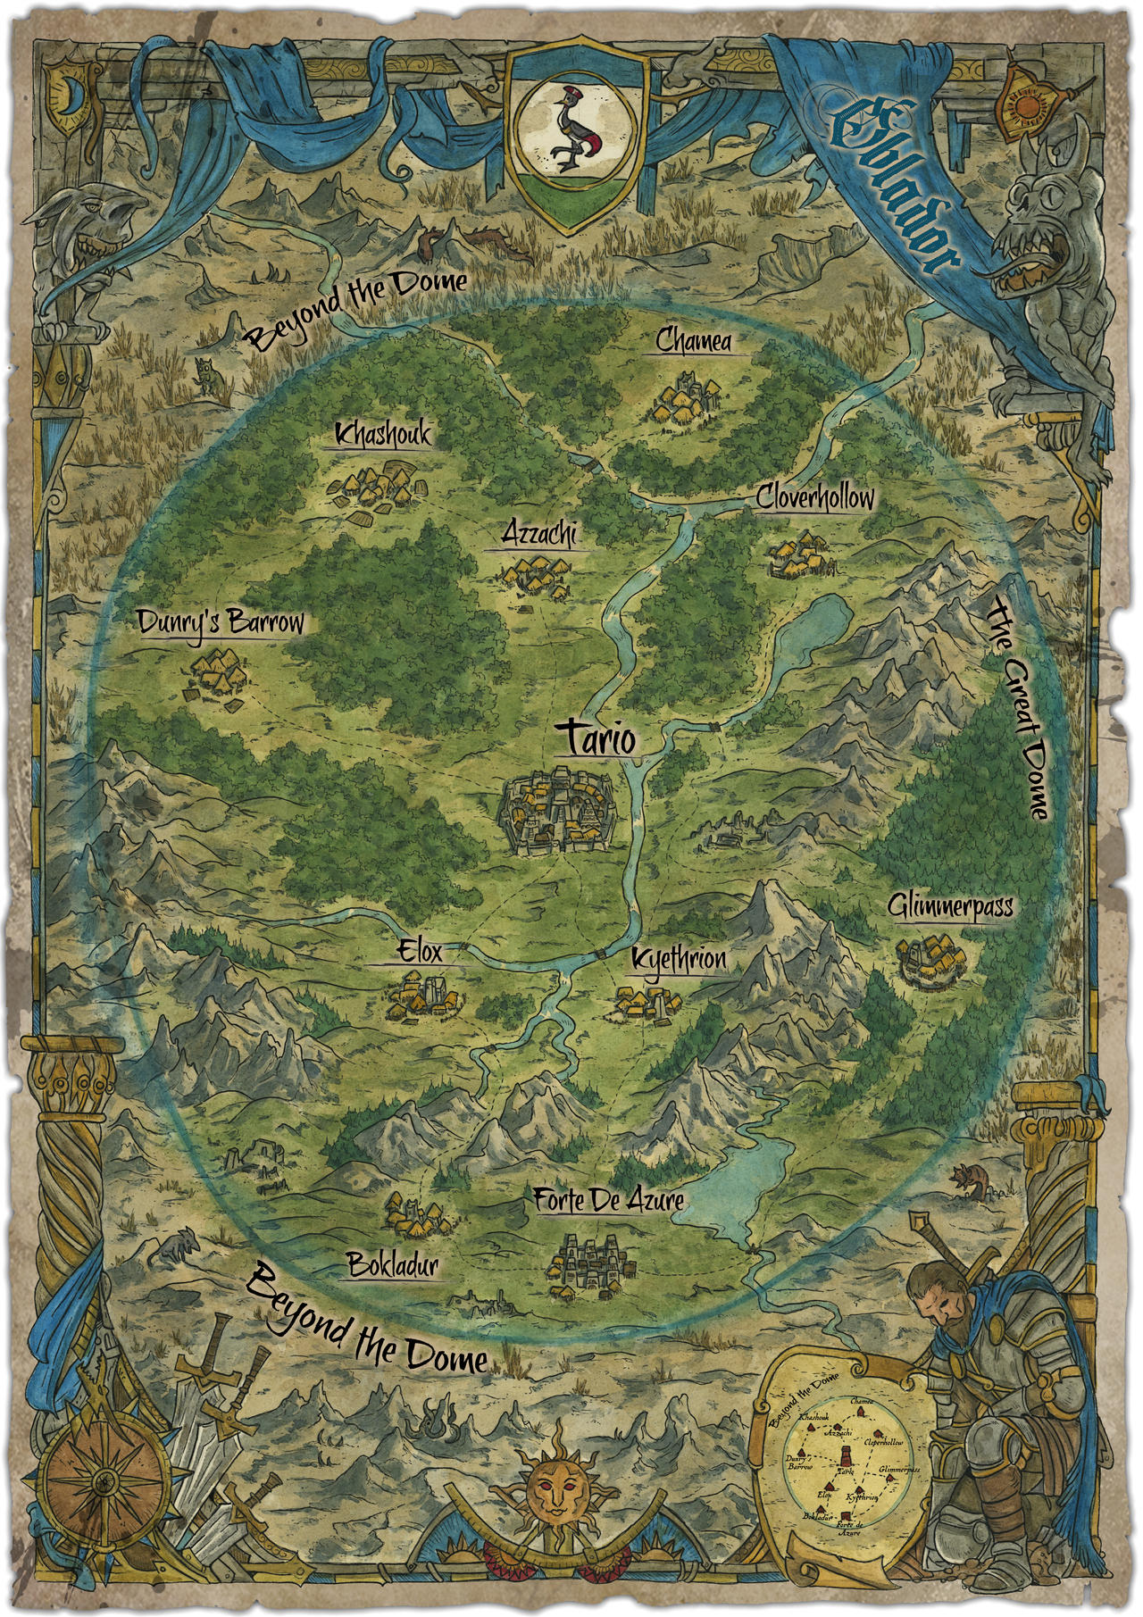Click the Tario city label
click(x=597, y=740)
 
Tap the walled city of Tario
click(x=555, y=812)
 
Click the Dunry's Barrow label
click(x=221, y=623)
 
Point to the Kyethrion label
click(x=678, y=960)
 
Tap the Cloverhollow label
click(x=814, y=497)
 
